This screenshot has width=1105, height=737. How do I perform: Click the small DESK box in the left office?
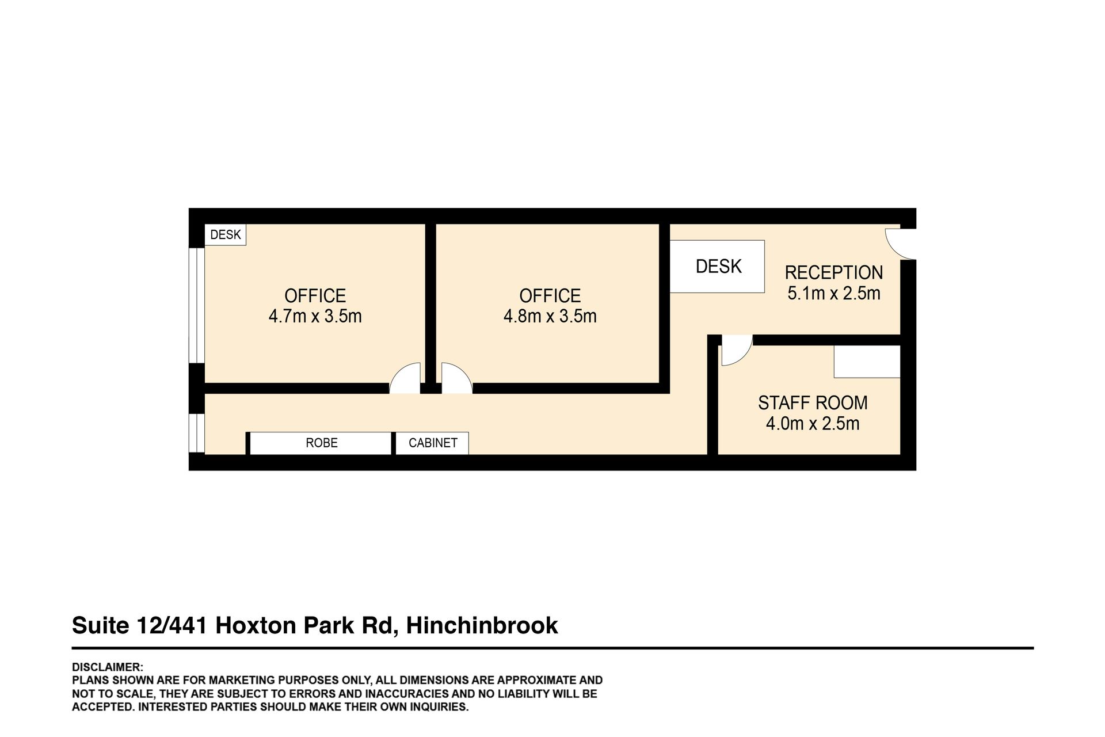click(x=226, y=235)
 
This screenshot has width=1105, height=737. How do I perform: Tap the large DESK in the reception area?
click(x=717, y=266)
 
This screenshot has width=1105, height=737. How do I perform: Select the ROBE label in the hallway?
click(x=322, y=443)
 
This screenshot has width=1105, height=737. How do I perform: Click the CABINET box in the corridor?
click(x=432, y=443)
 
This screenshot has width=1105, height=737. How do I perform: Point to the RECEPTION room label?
click(x=833, y=272)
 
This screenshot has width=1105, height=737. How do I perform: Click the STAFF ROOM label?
click(x=813, y=402)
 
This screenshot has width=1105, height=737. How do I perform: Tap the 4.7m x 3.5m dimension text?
click(x=315, y=316)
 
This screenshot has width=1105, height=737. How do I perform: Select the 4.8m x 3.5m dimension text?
click(x=550, y=316)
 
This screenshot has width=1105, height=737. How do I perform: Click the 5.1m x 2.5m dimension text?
click(x=833, y=293)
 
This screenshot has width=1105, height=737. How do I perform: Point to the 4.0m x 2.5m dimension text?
click(x=813, y=424)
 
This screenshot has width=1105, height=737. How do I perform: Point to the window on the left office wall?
click(x=197, y=305)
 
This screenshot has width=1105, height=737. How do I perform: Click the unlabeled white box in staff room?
click(x=867, y=362)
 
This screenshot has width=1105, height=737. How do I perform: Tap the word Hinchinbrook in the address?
click(x=482, y=625)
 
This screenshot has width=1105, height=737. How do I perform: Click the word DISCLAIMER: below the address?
click(x=108, y=667)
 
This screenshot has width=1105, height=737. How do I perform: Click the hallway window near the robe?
click(x=197, y=433)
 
